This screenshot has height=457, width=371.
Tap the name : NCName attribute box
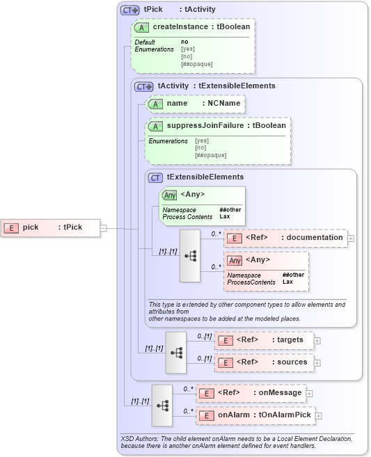194,104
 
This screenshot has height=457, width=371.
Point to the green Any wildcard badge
169,195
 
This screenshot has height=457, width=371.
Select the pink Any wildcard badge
235,260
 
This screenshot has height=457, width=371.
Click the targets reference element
265,339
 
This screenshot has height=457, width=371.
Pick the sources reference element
265,362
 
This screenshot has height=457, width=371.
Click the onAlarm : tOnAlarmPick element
255,415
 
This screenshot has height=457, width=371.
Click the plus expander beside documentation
350,238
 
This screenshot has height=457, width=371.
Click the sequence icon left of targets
176,352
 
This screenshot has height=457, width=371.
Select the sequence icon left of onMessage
161,405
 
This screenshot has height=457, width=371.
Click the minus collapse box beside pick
103,227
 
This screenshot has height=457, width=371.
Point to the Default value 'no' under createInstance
184,42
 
